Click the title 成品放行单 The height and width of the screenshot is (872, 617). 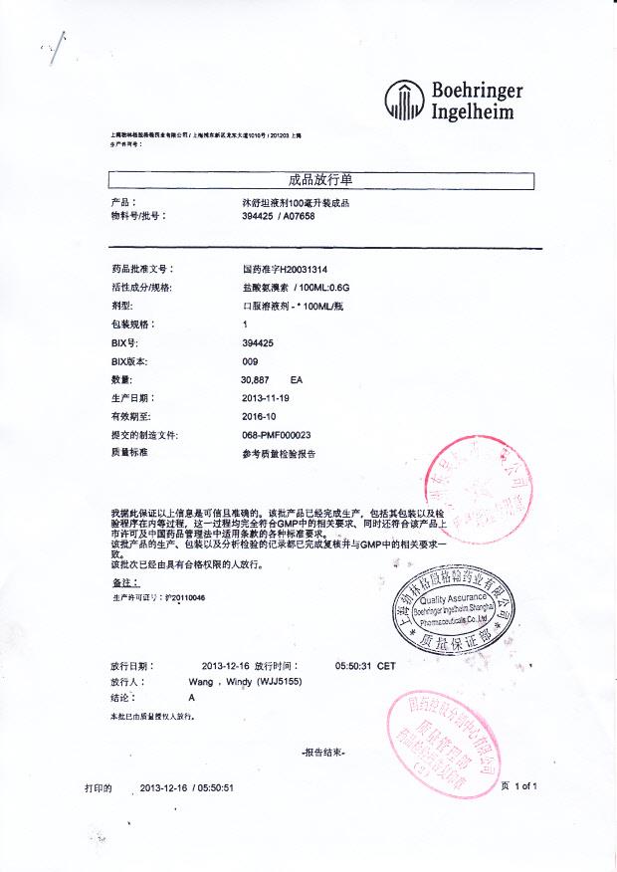click(320, 180)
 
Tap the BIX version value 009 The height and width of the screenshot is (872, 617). click(250, 361)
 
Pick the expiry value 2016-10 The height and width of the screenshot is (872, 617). click(260, 417)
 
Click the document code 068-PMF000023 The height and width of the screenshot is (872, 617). click(277, 435)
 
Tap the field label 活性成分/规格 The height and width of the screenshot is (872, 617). click(143, 288)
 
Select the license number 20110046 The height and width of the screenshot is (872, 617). click(185, 597)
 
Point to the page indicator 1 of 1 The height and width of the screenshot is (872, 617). click(525, 786)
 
